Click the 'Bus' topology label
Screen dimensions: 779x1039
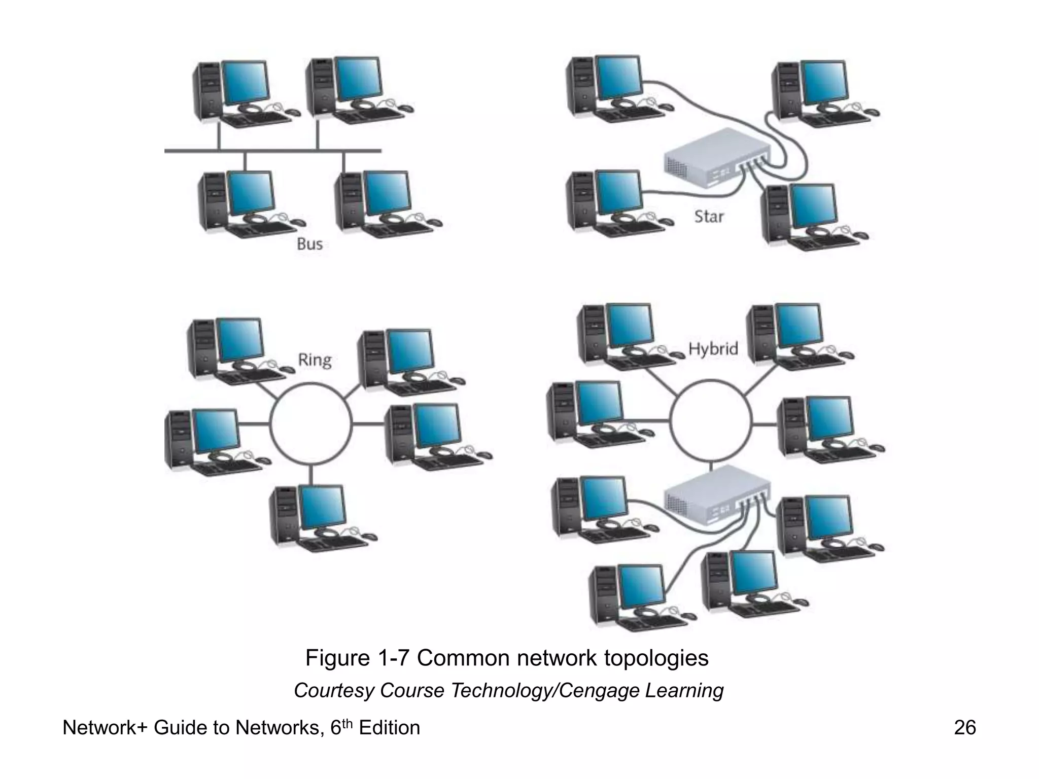pos(309,244)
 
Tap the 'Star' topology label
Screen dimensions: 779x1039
pos(709,217)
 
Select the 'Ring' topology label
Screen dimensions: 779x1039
pos(315,360)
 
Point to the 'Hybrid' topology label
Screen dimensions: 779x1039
pos(713,348)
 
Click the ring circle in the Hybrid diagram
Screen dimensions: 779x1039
pos(710,420)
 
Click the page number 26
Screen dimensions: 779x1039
pos(964,728)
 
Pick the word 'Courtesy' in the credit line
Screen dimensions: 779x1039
pos(334,691)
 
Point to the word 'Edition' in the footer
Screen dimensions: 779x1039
pos(389,728)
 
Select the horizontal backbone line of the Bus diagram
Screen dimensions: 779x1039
pos(272,151)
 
